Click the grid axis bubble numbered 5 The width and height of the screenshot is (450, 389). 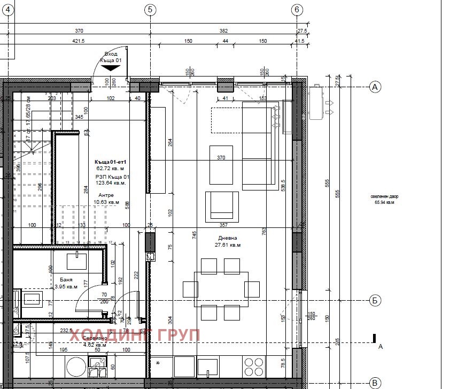[x=150, y=9]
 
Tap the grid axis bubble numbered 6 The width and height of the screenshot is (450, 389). [x=297, y=9]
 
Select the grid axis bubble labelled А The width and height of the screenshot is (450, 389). [x=375, y=87]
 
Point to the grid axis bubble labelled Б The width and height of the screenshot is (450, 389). [x=375, y=301]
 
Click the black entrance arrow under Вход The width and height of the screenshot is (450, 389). [x=111, y=67]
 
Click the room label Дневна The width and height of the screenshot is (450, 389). [x=227, y=238]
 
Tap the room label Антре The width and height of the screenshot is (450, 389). [x=106, y=195]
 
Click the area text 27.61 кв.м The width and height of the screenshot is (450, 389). [x=228, y=245]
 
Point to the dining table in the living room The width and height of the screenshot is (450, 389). [x=221, y=289]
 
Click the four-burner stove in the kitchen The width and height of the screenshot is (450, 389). [x=254, y=367]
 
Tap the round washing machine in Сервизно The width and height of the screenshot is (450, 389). [x=76, y=368]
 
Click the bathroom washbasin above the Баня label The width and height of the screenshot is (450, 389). [x=76, y=261]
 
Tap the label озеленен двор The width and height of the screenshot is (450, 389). [x=384, y=196]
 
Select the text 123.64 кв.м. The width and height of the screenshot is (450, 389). [x=111, y=182]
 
